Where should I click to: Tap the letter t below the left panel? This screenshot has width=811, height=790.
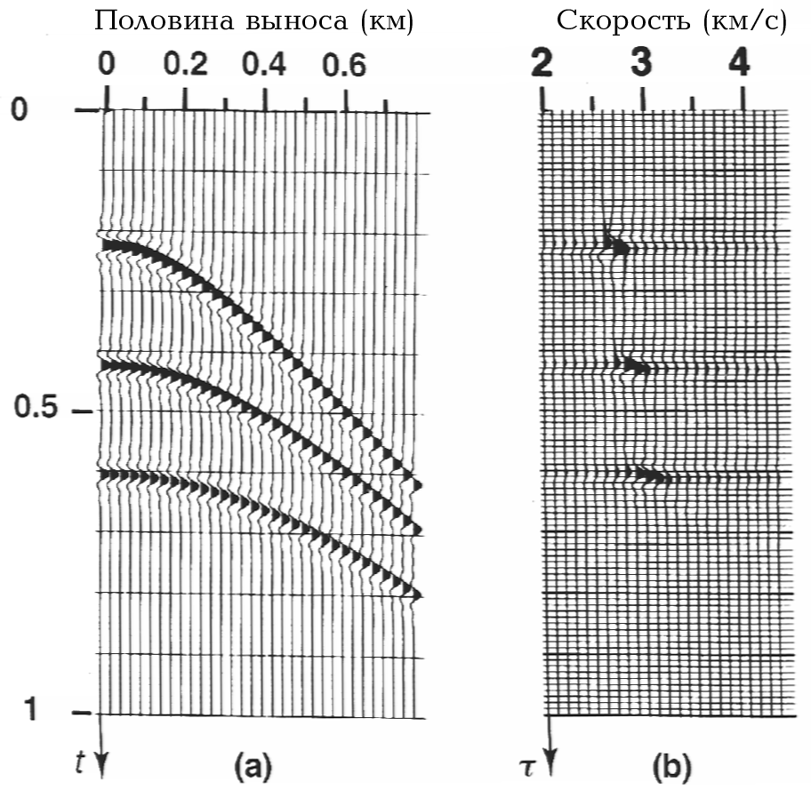[83, 760]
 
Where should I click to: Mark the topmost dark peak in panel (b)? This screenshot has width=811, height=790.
[617, 245]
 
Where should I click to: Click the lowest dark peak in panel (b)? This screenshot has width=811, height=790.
[652, 475]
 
